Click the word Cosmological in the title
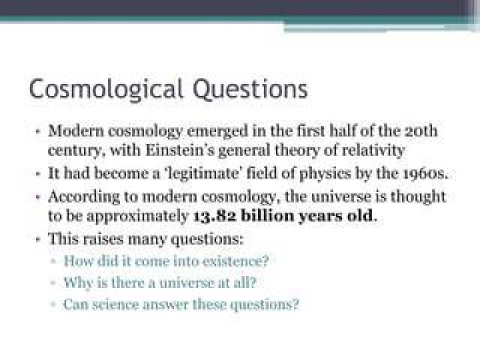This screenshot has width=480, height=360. click(106, 89)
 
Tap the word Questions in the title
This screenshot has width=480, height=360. click(251, 89)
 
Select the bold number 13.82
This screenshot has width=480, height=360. click(215, 216)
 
